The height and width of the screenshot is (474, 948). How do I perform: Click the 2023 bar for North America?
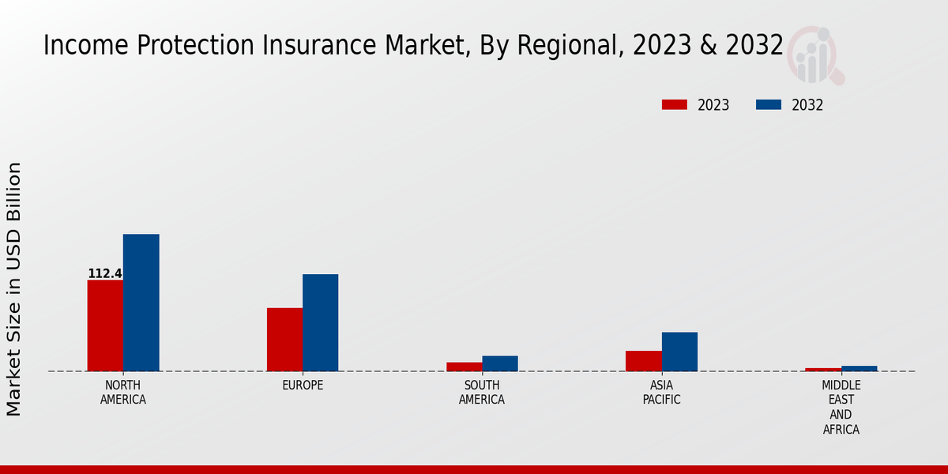[x=105, y=325]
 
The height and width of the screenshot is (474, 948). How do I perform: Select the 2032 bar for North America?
[x=141, y=303]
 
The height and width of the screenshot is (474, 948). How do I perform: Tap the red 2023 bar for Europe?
[x=284, y=340]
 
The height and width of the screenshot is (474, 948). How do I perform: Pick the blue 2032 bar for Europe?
[x=320, y=322]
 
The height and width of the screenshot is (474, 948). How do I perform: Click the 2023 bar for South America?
[x=464, y=367]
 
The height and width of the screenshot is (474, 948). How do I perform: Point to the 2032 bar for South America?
[x=500, y=363]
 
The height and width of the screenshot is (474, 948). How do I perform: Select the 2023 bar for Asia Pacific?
[x=643, y=361]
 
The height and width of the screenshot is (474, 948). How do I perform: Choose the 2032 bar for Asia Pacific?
[x=679, y=352]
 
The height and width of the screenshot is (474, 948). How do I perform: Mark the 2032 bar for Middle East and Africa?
[x=859, y=368]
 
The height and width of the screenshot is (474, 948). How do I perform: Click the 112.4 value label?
[x=104, y=274]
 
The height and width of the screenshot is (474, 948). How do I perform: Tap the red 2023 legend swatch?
[x=674, y=105]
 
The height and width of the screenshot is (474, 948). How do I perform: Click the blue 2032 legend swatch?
[x=768, y=105]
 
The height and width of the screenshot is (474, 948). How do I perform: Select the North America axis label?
[x=123, y=393]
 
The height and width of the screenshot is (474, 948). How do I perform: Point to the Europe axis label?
[x=303, y=386]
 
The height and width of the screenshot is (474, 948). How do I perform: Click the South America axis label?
[x=482, y=393]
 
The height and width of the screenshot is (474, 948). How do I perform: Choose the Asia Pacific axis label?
[x=661, y=393]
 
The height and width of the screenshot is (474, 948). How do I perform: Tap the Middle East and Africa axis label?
[x=841, y=408]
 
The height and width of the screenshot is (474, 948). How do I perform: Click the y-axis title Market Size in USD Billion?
[x=14, y=289]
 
